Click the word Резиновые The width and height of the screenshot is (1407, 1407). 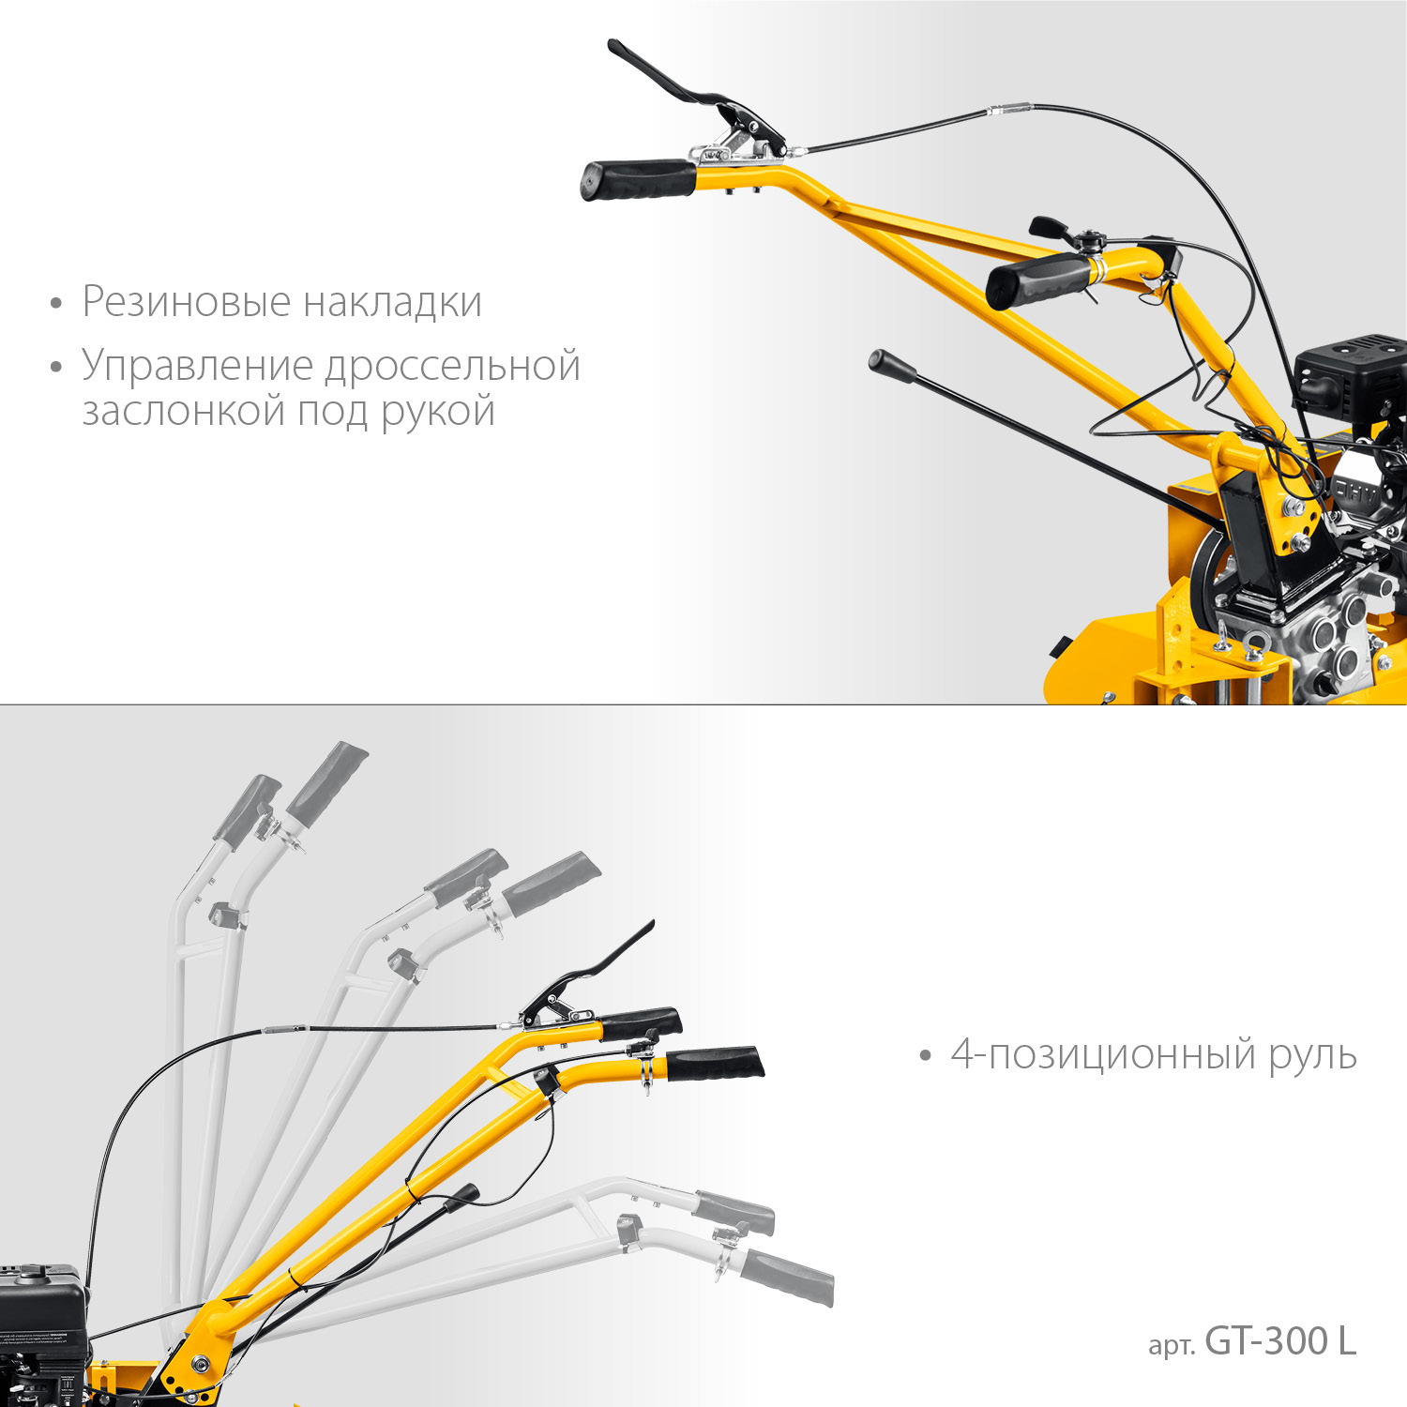[187, 302]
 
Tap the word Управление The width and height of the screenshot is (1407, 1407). [197, 367]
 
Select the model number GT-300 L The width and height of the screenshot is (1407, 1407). [1280, 1341]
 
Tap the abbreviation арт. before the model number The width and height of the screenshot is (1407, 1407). [1172, 1346]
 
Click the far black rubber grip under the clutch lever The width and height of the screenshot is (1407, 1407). [639, 179]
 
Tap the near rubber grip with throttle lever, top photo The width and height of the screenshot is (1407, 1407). [1039, 280]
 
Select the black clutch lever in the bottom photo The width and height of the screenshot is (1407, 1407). [586, 976]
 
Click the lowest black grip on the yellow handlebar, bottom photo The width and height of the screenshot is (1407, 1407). [715, 1064]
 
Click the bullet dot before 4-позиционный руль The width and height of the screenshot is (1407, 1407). [926, 1057]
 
